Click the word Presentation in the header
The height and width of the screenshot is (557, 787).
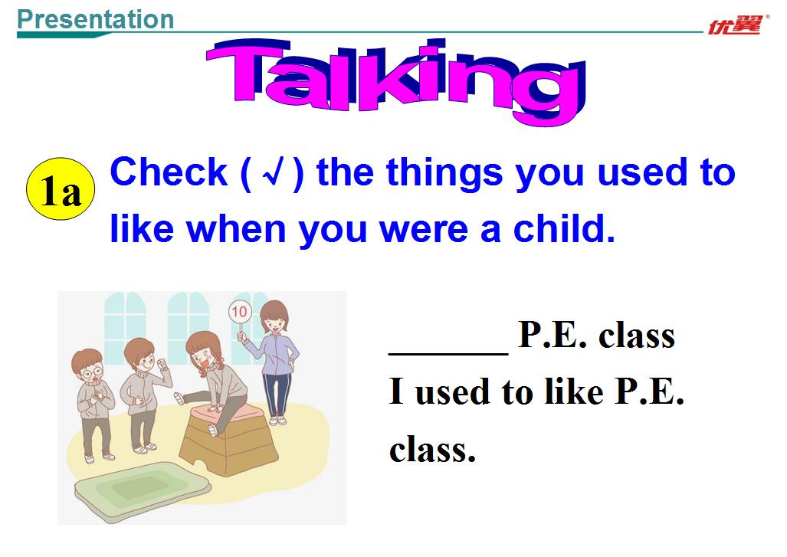(95, 20)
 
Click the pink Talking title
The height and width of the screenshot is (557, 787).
(396, 80)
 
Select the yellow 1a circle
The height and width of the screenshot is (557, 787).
(61, 189)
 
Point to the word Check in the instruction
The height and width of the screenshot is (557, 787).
(169, 172)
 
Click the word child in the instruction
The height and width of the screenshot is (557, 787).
(564, 228)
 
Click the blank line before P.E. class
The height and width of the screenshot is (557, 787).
(448, 352)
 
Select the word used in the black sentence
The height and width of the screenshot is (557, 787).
(451, 392)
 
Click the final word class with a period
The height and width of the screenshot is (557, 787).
(432, 450)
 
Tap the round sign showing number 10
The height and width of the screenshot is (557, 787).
(239, 312)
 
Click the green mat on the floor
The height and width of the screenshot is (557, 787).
(142, 489)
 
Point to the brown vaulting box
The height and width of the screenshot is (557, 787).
(228, 441)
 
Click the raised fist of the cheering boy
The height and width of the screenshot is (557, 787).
(162, 364)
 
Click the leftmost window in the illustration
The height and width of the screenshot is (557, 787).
(124, 326)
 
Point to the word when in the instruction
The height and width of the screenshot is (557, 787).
(235, 229)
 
